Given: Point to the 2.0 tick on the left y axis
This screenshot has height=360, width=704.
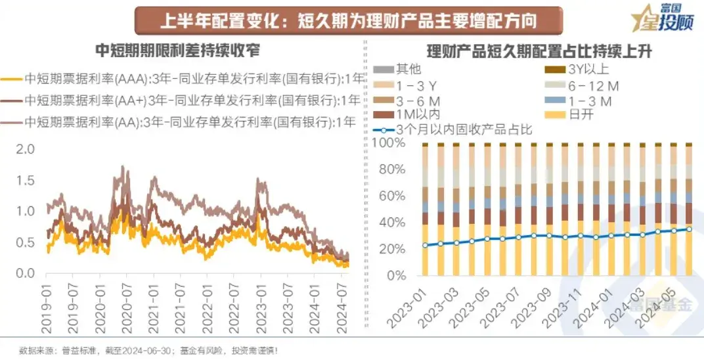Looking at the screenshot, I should coord(24,149).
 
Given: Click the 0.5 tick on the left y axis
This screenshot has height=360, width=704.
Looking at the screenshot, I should coord(24,242).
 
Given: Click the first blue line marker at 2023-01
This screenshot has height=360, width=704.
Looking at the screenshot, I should coord(425,245).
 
